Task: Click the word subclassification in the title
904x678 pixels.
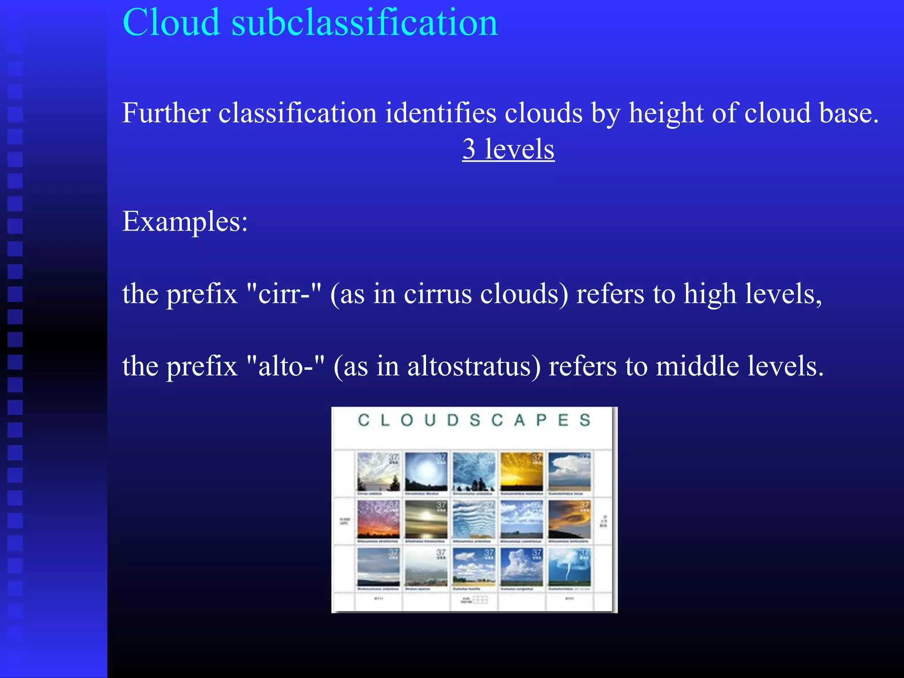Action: (x=365, y=23)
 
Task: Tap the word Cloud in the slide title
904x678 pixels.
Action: (x=171, y=23)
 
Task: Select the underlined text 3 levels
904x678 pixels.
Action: (x=508, y=149)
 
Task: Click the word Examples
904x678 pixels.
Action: (x=185, y=222)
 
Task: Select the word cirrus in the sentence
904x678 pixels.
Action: (x=437, y=294)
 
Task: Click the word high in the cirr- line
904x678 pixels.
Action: (x=710, y=294)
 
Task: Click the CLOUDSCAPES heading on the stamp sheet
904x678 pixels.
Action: (x=474, y=420)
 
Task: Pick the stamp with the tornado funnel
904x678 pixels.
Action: (x=569, y=568)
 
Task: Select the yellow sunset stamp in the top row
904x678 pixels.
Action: (x=521, y=472)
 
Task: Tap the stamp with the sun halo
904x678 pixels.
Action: (x=426, y=472)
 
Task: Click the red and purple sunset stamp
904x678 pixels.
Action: (x=378, y=520)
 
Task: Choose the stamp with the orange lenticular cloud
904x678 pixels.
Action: (x=569, y=520)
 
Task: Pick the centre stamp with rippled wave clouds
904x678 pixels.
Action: (x=474, y=520)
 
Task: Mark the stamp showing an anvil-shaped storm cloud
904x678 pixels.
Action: (x=569, y=472)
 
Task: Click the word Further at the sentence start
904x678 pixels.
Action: (x=166, y=113)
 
